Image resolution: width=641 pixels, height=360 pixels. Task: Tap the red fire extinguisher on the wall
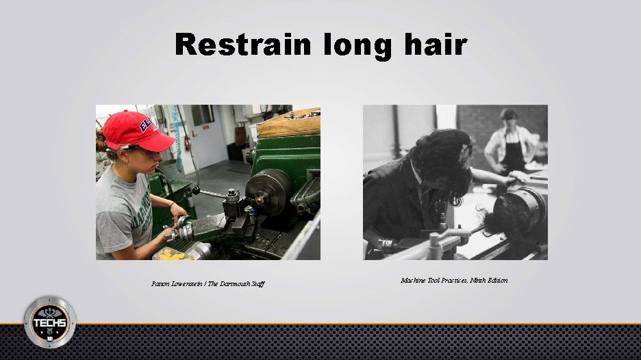coord(187,143)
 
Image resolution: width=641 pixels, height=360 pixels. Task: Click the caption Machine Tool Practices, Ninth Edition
coord(454,281)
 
